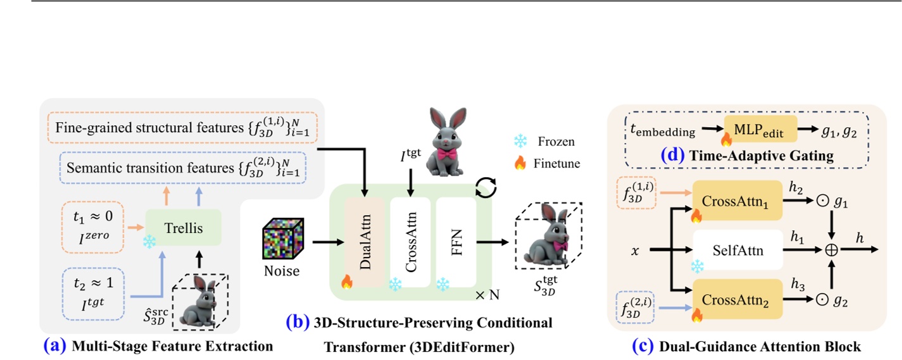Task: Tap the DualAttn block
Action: coord(364,242)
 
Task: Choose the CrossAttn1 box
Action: coord(738,201)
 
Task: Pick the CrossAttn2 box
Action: coord(738,299)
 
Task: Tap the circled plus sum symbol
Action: coord(830,251)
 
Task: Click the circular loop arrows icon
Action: coord(485,188)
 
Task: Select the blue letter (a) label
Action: coord(54,346)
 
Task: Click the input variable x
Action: coord(635,251)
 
